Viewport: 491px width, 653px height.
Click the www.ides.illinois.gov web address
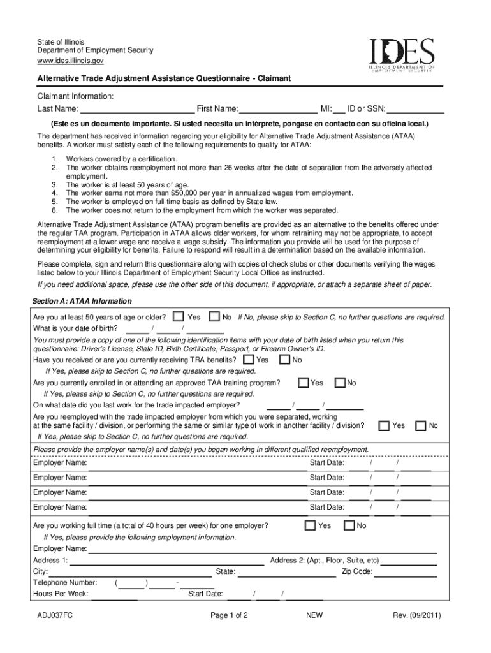70,61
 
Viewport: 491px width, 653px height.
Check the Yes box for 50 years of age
179,317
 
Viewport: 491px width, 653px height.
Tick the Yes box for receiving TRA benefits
248,360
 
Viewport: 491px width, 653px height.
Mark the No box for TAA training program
339,383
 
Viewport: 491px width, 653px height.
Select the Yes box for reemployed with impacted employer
384,425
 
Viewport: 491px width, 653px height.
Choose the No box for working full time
349,525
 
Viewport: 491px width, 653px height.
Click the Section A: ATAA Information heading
82,301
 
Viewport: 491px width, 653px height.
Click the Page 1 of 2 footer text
229,616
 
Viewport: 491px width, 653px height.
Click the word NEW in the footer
315,616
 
